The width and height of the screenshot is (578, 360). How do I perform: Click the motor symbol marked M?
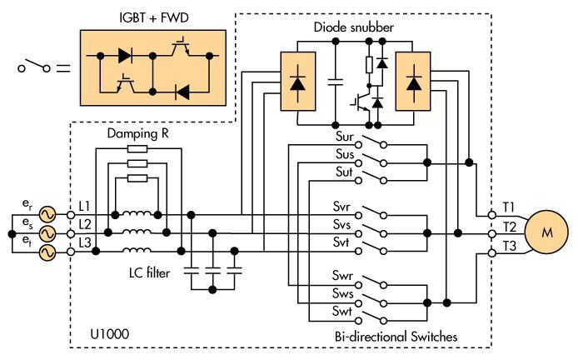tap(547, 232)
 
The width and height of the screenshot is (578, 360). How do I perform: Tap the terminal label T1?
tap(509, 205)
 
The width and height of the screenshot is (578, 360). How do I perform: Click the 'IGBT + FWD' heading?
tap(150, 17)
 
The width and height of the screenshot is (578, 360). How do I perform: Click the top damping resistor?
tap(138, 150)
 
